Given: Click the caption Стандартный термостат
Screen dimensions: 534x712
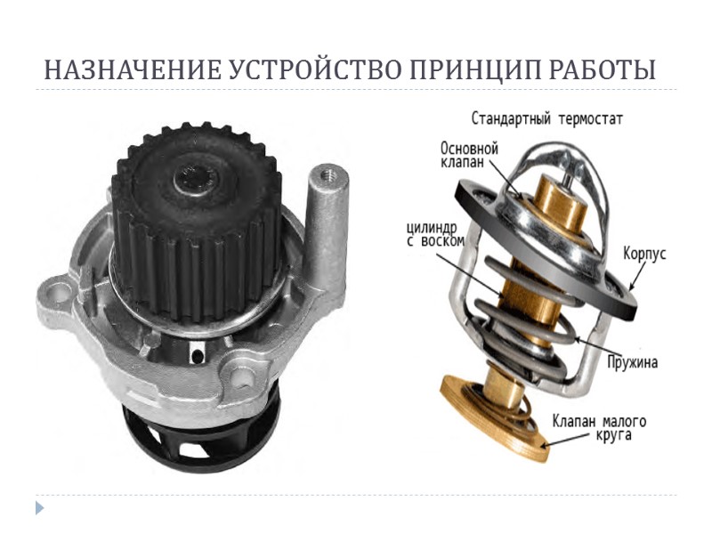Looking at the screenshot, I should click(x=547, y=117).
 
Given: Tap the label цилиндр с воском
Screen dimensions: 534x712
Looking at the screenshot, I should click(x=425, y=234).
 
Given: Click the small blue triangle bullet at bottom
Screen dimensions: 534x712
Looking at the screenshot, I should click(x=39, y=508).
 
